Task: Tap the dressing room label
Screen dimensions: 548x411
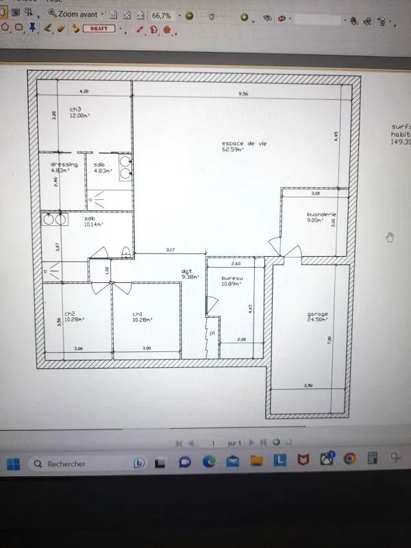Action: pyautogui.click(x=64, y=164)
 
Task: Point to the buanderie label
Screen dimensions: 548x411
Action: pyautogui.click(x=321, y=214)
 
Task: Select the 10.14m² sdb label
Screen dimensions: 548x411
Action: pyautogui.click(x=90, y=218)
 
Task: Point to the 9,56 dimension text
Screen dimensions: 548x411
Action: pyautogui.click(x=243, y=92)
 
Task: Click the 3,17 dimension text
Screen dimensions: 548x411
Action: pyautogui.click(x=170, y=250)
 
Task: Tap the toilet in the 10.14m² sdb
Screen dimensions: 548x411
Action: pyautogui.click(x=126, y=251)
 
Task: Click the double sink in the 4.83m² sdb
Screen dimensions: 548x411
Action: pyautogui.click(x=126, y=166)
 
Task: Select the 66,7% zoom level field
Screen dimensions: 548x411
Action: pyautogui.click(x=162, y=14)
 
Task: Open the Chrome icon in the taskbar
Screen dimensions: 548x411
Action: pyautogui.click(x=349, y=459)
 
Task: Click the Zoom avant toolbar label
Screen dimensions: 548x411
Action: pyautogui.click(x=77, y=14)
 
